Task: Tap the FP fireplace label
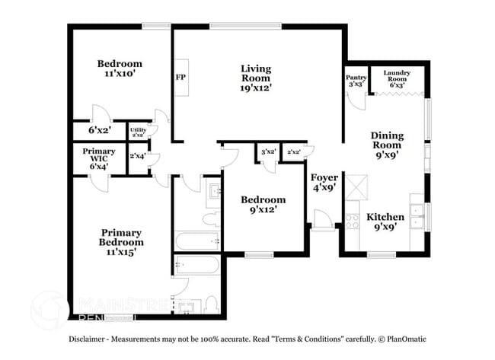180,78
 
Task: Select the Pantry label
356,77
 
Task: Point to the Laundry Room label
398,75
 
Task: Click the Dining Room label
387,140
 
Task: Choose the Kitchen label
385,217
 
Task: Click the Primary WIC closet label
98,151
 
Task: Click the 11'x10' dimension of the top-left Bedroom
120,75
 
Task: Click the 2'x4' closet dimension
138,156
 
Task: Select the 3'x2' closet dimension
267,152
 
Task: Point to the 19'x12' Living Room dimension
257,88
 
